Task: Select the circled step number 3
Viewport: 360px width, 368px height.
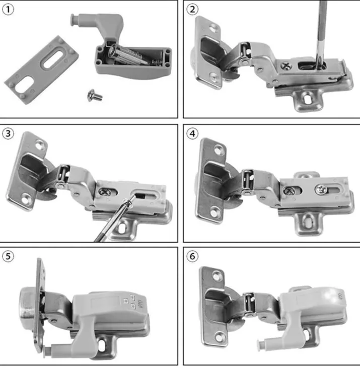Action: (x=9, y=134)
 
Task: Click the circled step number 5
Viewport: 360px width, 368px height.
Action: (x=9, y=256)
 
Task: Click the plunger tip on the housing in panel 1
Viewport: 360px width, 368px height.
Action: (x=74, y=19)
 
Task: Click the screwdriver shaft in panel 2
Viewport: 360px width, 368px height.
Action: (x=321, y=30)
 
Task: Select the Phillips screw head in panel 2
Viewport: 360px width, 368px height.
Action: (x=287, y=64)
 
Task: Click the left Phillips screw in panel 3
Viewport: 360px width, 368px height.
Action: (x=106, y=191)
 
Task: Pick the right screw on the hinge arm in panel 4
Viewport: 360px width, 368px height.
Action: (x=322, y=189)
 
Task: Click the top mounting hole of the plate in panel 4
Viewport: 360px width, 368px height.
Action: (x=220, y=150)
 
